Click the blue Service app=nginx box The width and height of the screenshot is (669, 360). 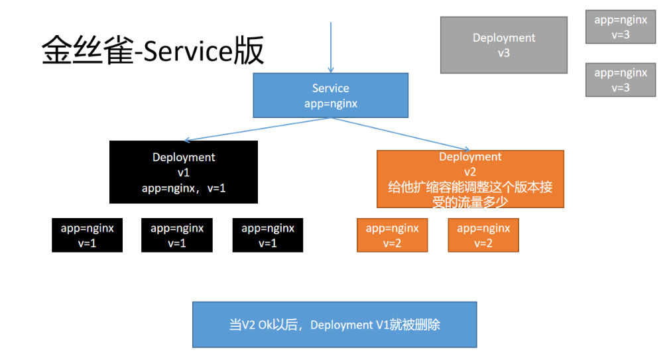pyautogui.click(x=331, y=95)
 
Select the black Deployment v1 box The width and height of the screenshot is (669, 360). pyautogui.click(x=184, y=172)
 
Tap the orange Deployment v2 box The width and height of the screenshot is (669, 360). pyautogui.click(x=470, y=179)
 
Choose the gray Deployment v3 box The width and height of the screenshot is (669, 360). pyautogui.click(x=504, y=45)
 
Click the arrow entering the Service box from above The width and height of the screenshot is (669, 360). pyautogui.click(x=331, y=47)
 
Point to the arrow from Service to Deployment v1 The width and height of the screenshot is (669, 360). pyautogui.click(x=257, y=129)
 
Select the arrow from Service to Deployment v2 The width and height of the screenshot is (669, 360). pyautogui.click(x=400, y=134)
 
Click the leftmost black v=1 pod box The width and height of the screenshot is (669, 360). pyautogui.click(x=87, y=235)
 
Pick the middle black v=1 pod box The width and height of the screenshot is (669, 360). pyautogui.click(x=177, y=235)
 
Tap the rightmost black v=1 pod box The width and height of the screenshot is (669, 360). pyautogui.click(x=267, y=235)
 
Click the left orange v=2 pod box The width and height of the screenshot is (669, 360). pyautogui.click(x=392, y=235)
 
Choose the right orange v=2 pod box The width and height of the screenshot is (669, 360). pyautogui.click(x=483, y=235)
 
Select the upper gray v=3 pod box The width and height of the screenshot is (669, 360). pyautogui.click(x=621, y=27)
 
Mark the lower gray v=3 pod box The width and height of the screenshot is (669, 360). pyautogui.click(x=621, y=80)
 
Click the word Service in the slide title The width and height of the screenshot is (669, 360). pyautogui.click(x=187, y=51)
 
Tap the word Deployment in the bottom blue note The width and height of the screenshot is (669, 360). pyautogui.click(x=341, y=325)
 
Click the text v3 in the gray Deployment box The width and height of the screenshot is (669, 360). pyautogui.click(x=504, y=53)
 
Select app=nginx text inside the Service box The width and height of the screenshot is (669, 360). pyautogui.click(x=331, y=103)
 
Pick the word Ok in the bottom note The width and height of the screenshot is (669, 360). pyautogui.click(x=265, y=325)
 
